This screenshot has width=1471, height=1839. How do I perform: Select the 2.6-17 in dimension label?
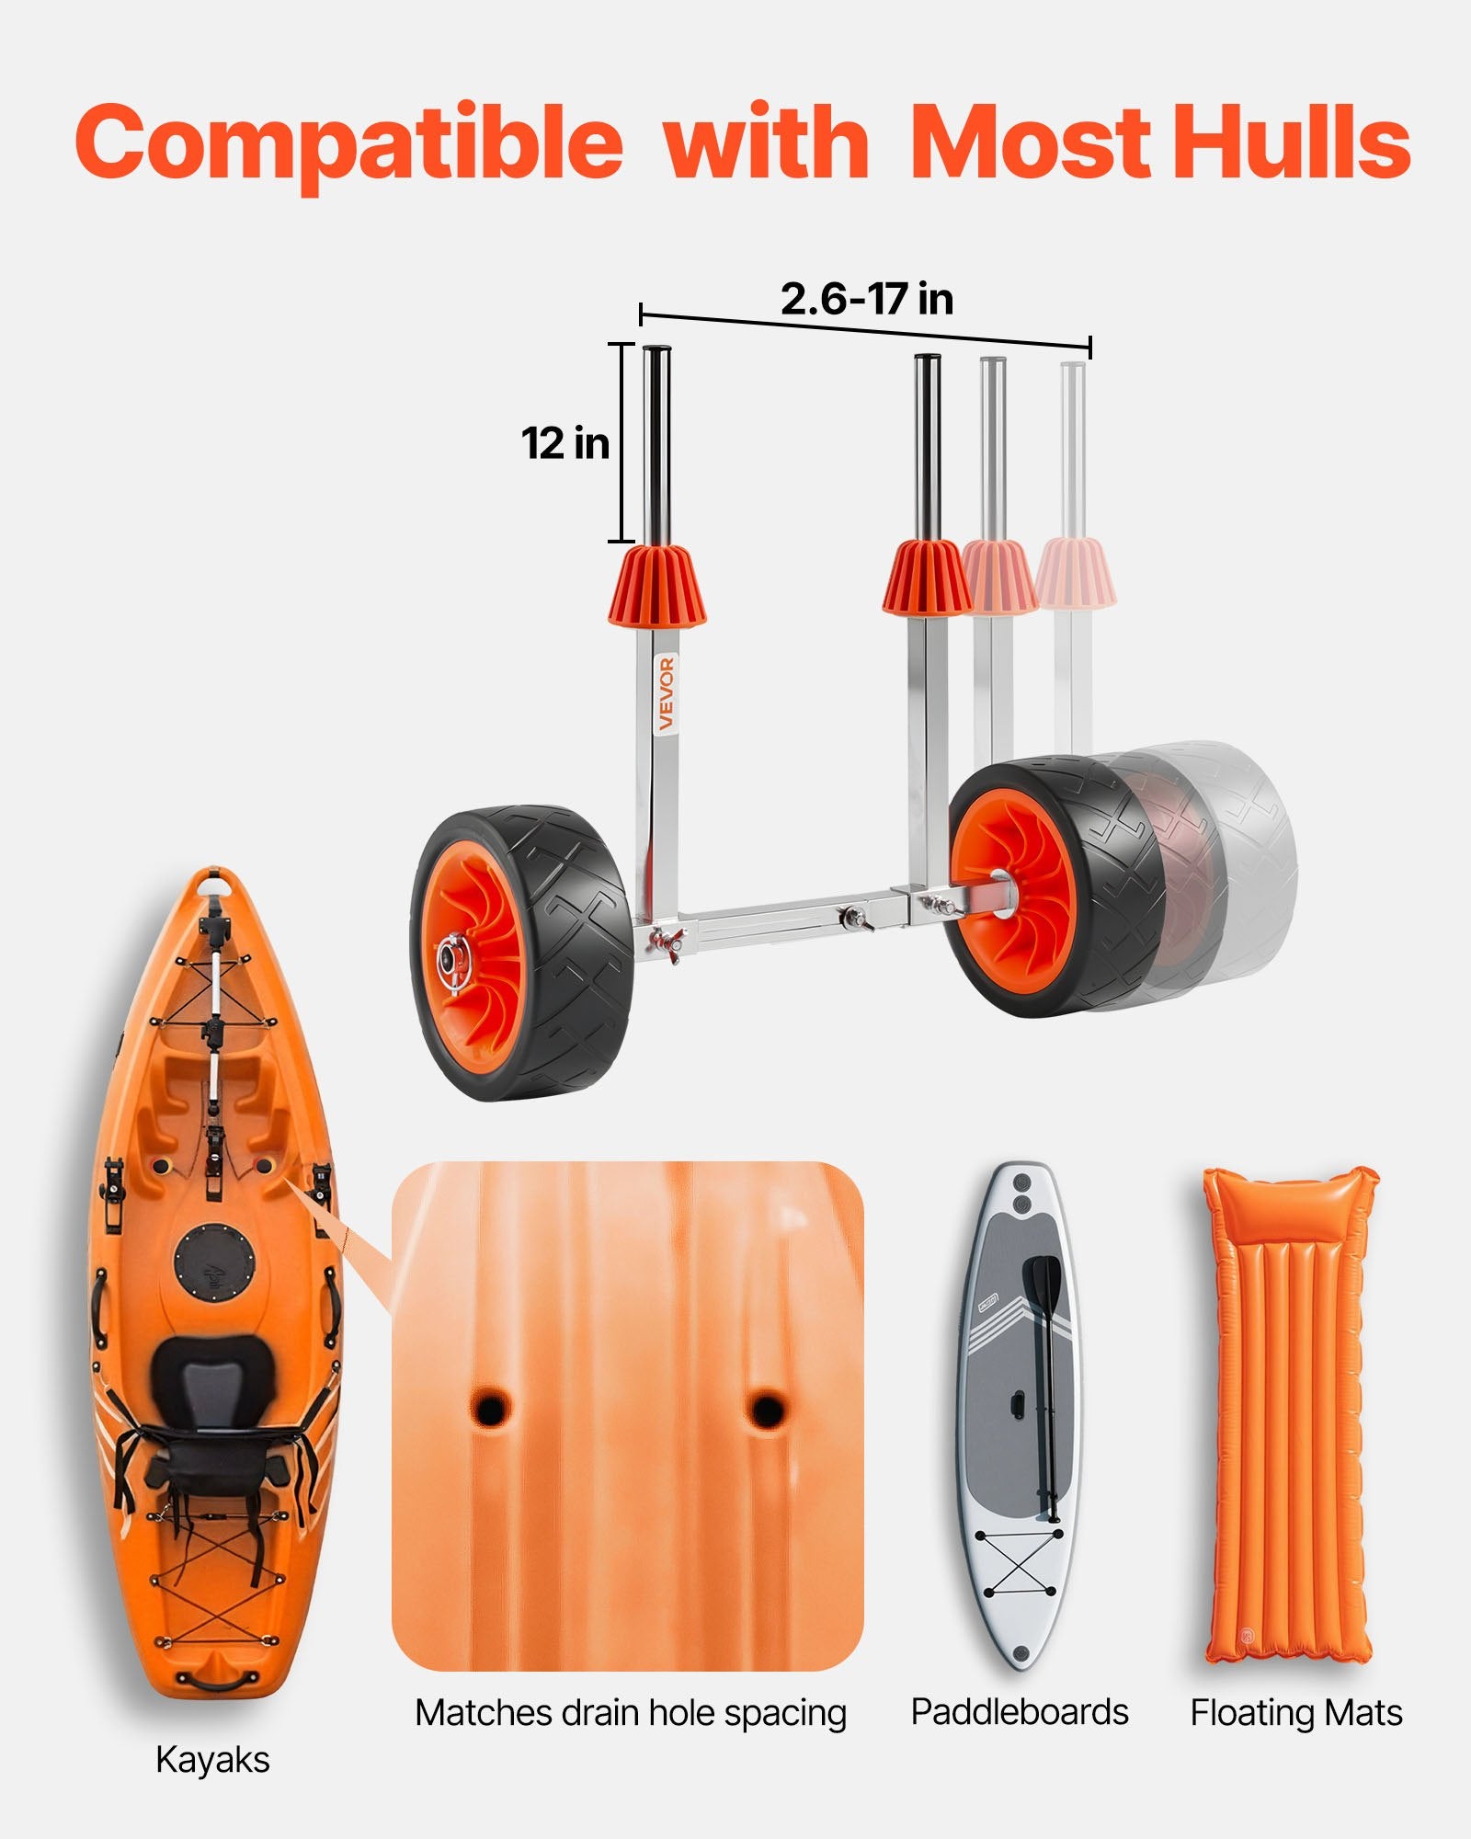pos(866,299)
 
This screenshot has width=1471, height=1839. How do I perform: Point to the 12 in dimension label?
pos(565,443)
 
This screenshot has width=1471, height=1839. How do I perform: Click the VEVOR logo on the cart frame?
pos(667,693)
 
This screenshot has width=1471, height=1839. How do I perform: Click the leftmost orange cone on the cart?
pos(656,587)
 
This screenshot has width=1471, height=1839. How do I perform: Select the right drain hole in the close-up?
pos(764,1408)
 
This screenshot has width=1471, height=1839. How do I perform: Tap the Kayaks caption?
pos(212,1759)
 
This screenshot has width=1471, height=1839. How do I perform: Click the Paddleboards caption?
pos(1019,1711)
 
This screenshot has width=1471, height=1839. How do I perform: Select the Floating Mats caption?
pos(1296,1712)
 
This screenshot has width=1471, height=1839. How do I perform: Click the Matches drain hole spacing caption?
pos(631,1712)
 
